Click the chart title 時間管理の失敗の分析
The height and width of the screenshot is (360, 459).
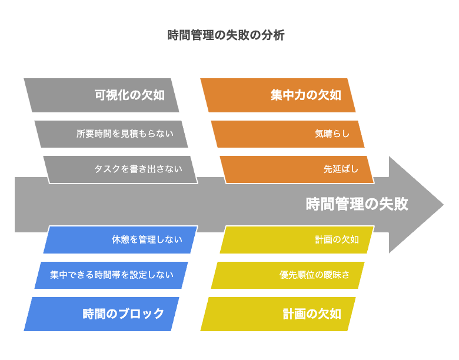(226, 35)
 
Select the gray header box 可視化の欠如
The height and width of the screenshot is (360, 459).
(101, 95)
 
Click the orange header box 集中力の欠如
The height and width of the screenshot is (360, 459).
(278, 95)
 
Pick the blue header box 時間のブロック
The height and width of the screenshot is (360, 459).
(101, 314)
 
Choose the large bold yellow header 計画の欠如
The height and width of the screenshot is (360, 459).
(278, 314)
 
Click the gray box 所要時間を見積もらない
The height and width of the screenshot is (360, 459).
(111, 134)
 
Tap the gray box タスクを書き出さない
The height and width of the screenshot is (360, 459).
(121, 169)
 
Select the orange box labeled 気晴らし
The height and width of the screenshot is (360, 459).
(287, 134)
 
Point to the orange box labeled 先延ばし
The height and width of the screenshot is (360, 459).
(297, 169)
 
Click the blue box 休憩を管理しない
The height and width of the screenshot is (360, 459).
(121, 239)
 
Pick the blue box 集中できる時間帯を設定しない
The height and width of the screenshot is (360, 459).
(111, 275)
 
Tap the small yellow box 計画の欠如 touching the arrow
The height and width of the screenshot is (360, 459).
(297, 239)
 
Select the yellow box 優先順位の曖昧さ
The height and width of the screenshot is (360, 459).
(287, 275)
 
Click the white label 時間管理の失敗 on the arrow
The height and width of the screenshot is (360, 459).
(357, 204)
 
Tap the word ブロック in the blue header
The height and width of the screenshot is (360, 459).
(141, 314)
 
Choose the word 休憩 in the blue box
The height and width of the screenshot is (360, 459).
(120, 239)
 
